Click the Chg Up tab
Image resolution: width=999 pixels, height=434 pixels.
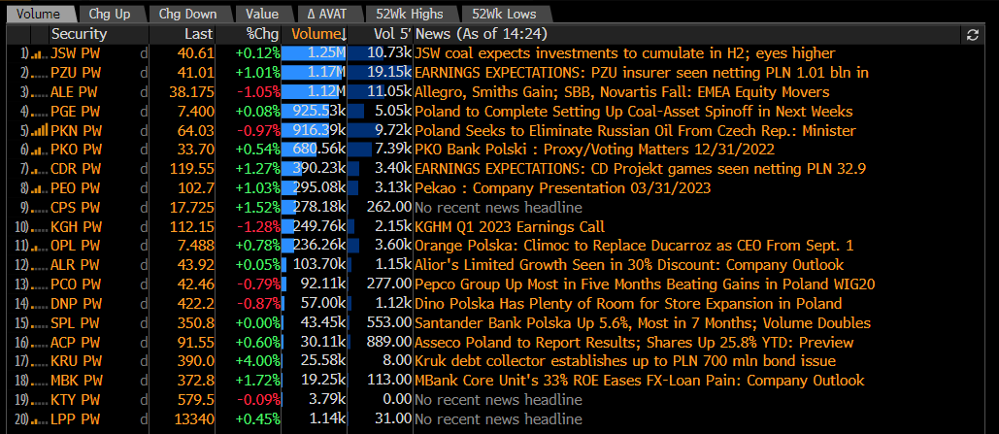(x=109, y=14)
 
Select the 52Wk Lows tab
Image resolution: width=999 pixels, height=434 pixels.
(x=504, y=14)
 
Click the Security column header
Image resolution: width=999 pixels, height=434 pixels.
(x=79, y=33)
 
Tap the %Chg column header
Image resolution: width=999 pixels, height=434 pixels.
(x=262, y=33)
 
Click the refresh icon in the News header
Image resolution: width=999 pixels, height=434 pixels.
(x=972, y=34)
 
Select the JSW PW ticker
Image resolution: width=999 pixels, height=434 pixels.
(x=77, y=52)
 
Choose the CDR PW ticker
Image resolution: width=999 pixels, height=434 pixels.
(x=77, y=169)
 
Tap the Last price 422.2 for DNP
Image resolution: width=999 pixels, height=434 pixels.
(x=194, y=303)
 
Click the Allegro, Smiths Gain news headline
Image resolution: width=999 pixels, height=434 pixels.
(x=621, y=91)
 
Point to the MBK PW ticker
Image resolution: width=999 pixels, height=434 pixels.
(x=77, y=381)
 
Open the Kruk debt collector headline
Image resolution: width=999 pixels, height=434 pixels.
(x=625, y=361)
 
